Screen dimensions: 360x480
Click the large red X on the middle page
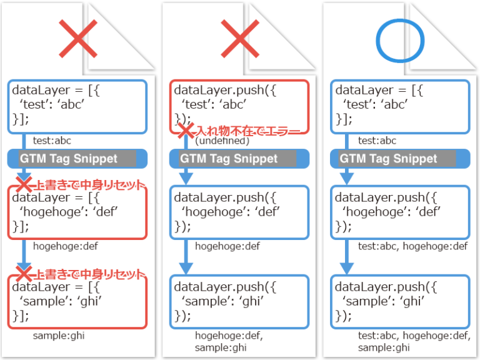(239, 39)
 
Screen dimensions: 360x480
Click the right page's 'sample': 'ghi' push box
(400, 302)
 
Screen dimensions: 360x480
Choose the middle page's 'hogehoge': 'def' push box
(239, 212)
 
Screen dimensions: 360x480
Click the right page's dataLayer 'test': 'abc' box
(400, 104)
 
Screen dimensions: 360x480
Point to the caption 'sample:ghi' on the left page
(59, 336)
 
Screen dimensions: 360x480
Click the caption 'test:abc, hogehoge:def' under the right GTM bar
(412, 246)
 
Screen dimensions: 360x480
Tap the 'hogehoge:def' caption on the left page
(65, 246)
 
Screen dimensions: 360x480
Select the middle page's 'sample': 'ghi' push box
(239, 302)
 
